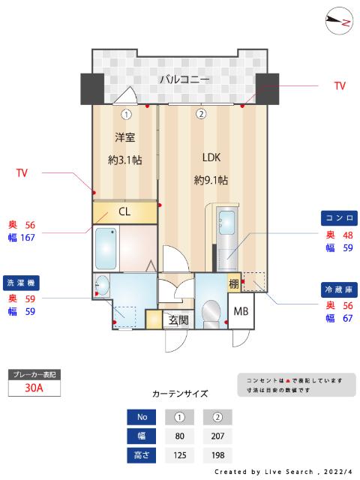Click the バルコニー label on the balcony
point(184,79)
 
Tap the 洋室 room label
point(125,138)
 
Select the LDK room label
point(211,157)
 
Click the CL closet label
point(124,212)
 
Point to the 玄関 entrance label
point(178,320)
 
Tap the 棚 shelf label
point(234,283)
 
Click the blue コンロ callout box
point(338,218)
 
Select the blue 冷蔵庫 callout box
point(338,288)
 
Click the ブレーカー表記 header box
point(33,373)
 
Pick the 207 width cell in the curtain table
point(217,436)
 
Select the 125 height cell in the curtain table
point(180,455)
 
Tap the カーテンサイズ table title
point(180,394)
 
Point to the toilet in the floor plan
point(211,310)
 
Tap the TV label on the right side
point(340,86)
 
